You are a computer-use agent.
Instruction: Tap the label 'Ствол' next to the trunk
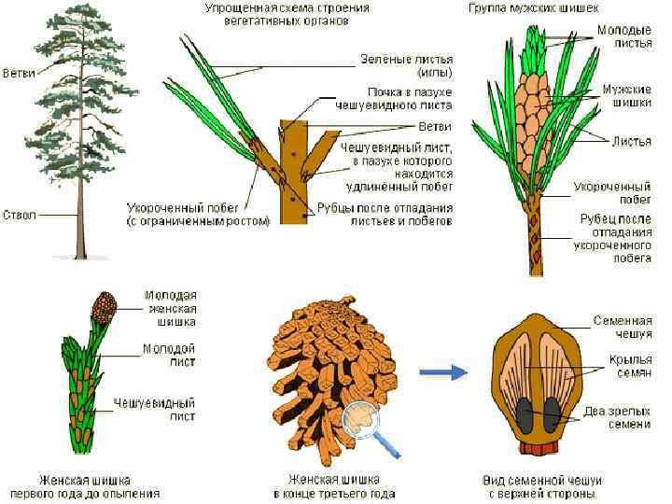tap(20, 215)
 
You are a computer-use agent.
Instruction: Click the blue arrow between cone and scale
tap(442, 373)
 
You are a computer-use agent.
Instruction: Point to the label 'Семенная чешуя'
tap(623, 327)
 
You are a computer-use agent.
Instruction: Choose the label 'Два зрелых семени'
tap(623, 417)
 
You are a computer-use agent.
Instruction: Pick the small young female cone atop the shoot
tap(104, 304)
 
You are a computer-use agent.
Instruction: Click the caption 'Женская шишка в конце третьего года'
tap(333, 486)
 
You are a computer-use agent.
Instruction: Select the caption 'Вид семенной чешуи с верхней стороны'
tap(539, 486)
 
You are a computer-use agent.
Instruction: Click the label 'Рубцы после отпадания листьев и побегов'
tap(397, 215)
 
